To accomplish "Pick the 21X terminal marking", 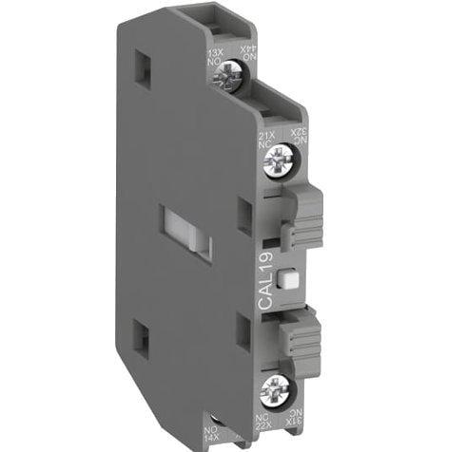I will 266,137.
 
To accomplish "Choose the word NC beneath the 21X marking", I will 266,146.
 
